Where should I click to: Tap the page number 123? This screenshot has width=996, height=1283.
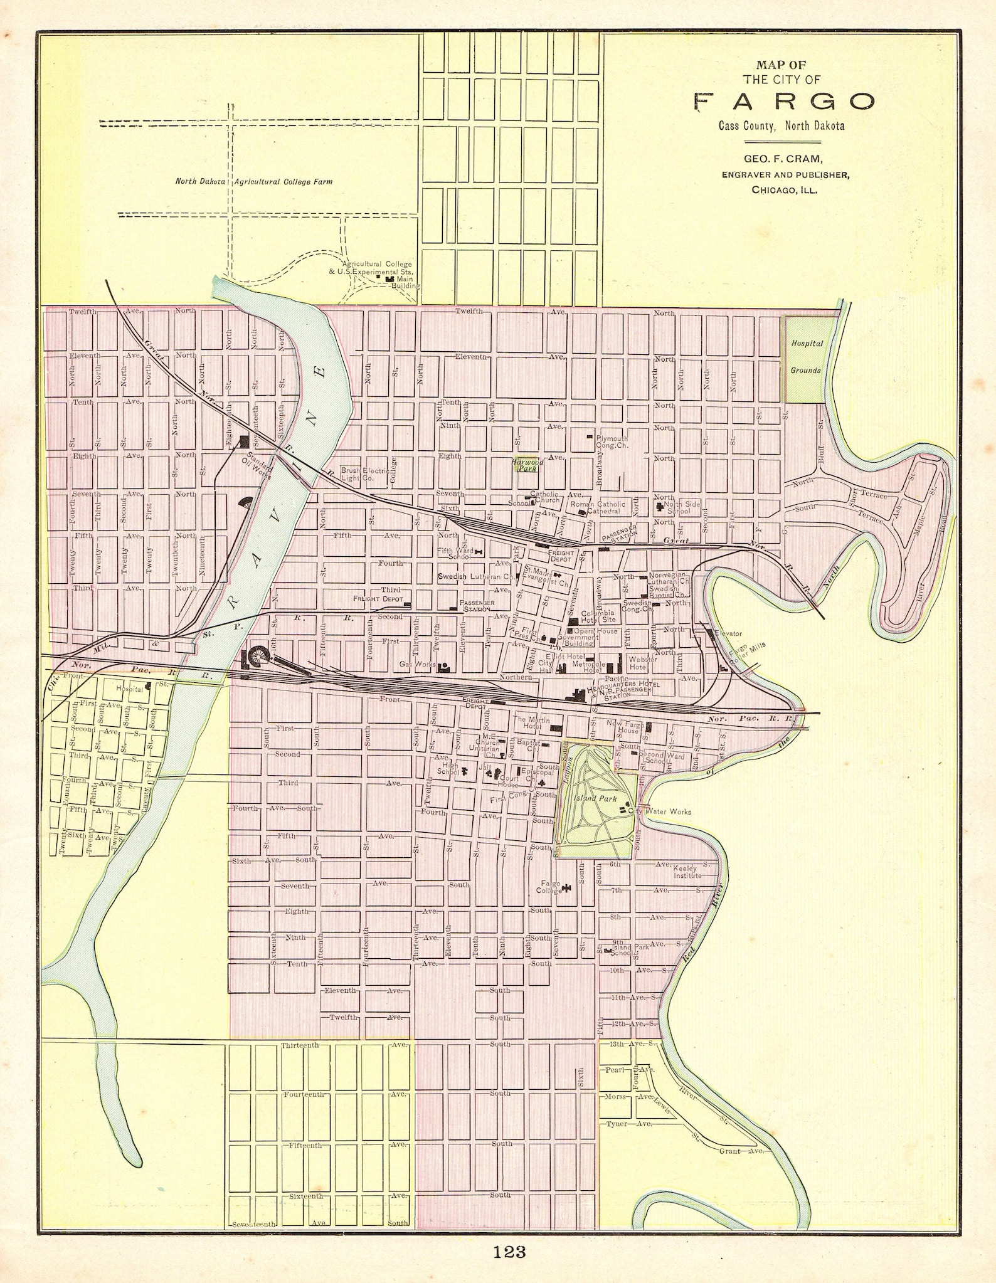click(509, 1252)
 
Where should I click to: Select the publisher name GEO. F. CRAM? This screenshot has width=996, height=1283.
click(783, 159)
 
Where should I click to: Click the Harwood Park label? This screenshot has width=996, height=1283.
click(527, 465)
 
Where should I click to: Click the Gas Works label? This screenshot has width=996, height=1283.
click(417, 663)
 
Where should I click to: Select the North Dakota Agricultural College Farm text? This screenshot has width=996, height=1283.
click(253, 182)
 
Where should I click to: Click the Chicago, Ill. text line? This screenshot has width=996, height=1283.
click(784, 189)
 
